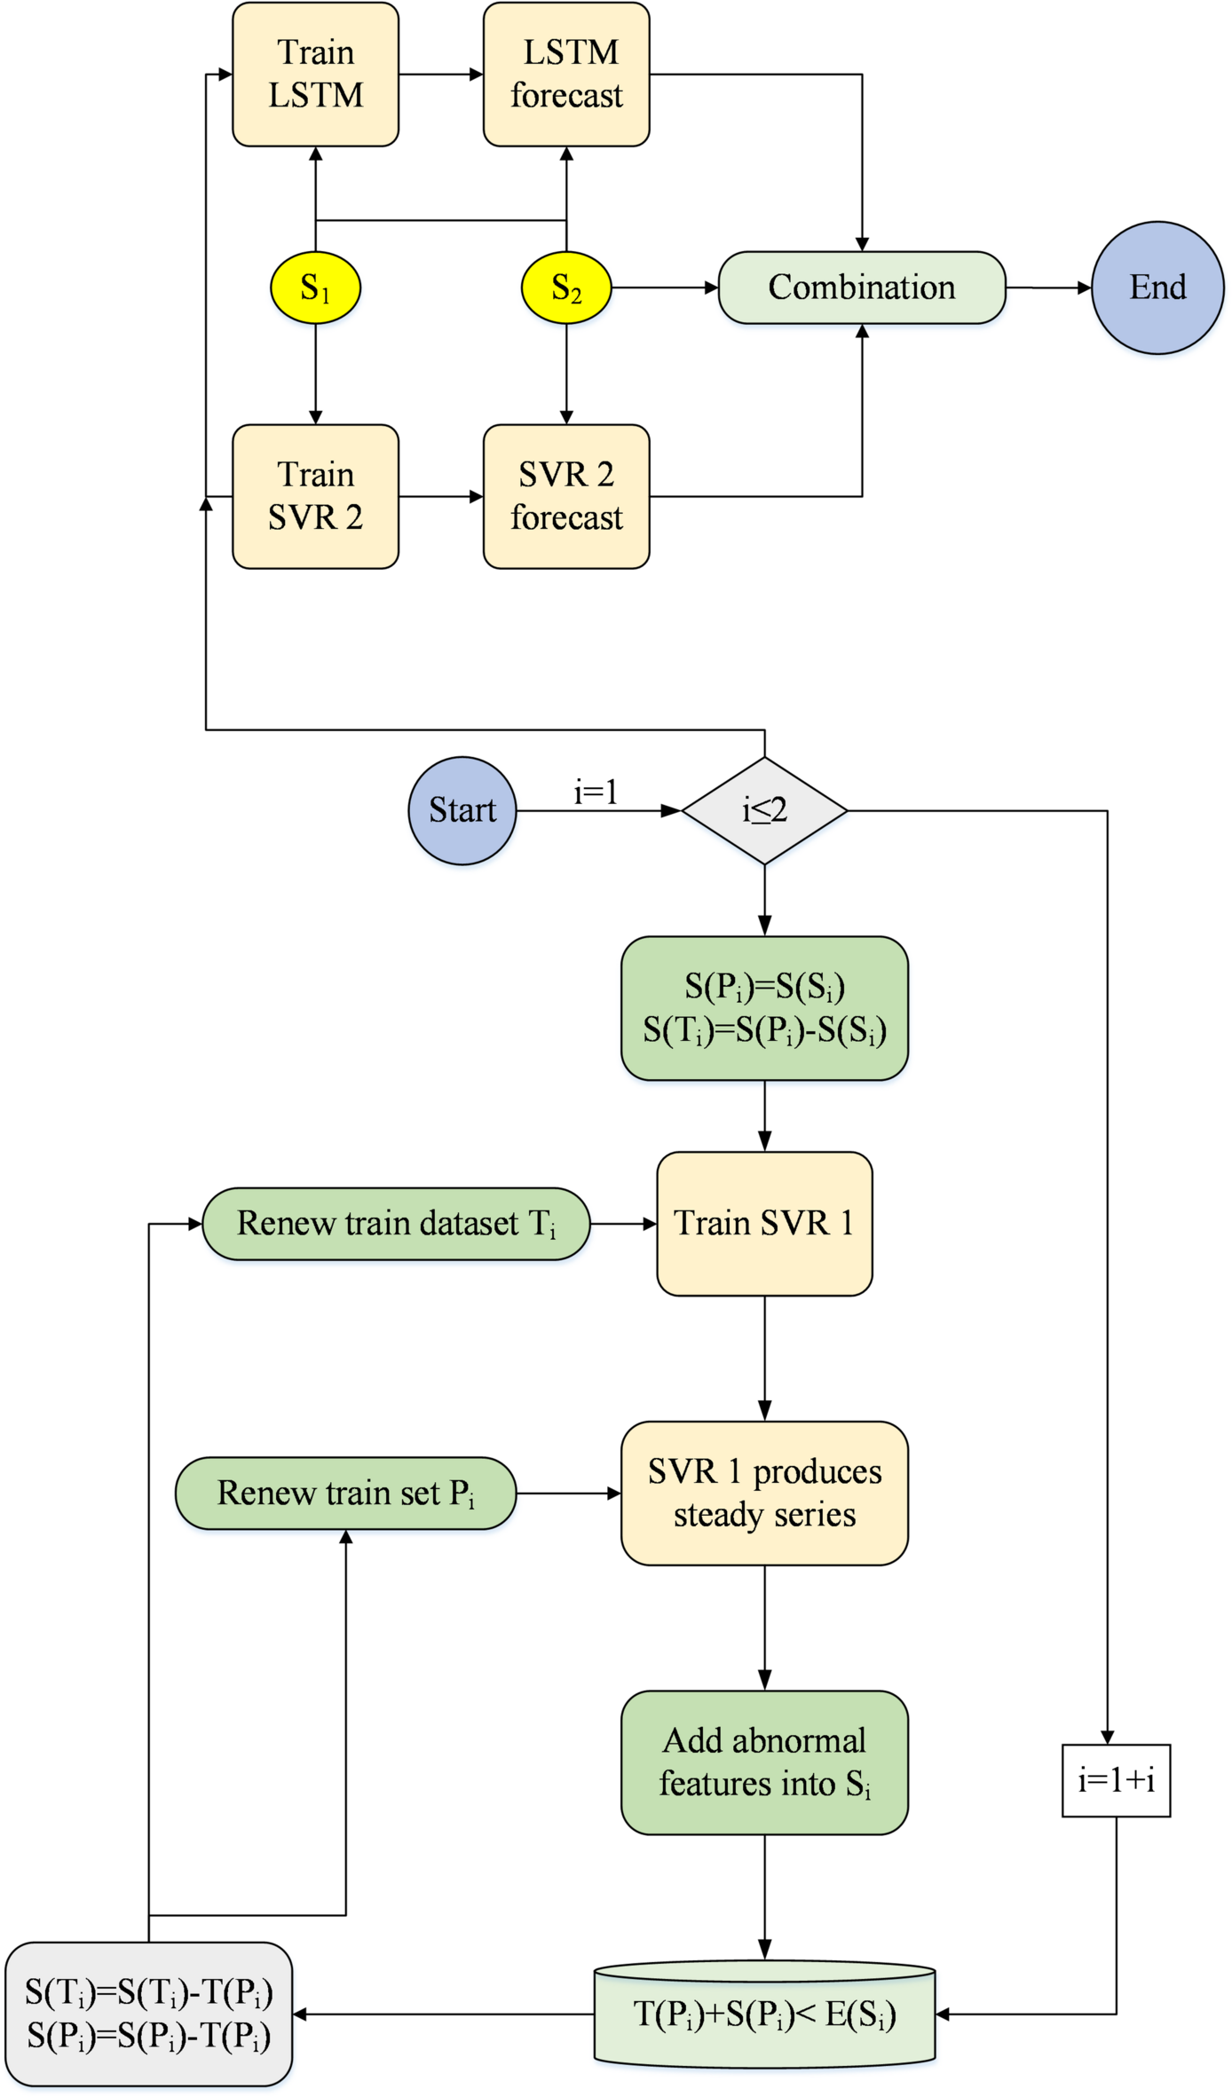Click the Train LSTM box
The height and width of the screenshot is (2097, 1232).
315,75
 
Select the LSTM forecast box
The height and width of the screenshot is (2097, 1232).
566,75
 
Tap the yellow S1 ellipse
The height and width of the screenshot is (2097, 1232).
315,288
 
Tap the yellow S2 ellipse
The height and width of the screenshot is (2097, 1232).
566,288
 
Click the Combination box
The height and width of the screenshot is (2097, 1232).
861,288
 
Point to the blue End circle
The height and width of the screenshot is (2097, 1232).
1157,288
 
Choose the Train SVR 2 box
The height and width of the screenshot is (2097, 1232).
315,496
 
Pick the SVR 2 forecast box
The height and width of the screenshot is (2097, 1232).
566,496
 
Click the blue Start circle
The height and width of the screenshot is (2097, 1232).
462,810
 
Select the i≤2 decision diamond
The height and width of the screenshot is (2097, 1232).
764,810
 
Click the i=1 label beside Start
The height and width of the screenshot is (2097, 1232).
596,792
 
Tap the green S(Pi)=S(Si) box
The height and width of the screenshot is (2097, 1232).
764,1008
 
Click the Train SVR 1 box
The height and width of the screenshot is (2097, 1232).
764,1224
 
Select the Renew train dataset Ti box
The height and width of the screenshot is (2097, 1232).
396,1224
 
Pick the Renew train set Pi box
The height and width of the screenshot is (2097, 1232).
345,1494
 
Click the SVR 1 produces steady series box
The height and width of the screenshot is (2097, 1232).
764,1494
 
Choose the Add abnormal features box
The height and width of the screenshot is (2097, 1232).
764,1762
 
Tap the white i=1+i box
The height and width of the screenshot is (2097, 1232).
1116,1780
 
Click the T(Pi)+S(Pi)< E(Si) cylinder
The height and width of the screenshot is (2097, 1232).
764,2014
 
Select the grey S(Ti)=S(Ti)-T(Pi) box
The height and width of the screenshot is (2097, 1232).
148,2014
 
